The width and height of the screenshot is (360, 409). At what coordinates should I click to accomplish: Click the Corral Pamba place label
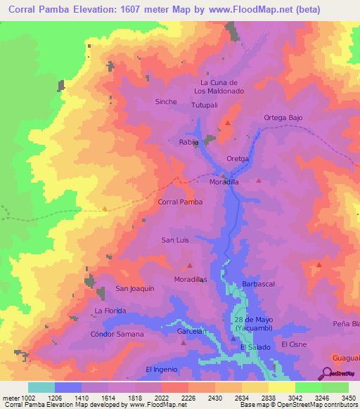tap(181, 202)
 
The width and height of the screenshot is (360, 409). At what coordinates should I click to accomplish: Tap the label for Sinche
tap(166, 102)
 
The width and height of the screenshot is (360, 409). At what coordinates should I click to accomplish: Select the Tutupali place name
tap(206, 105)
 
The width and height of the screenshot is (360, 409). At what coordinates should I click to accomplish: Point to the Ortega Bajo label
tap(283, 117)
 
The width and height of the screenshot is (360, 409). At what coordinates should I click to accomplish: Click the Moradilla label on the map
tap(225, 181)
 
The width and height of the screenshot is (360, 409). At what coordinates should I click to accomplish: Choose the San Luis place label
tap(176, 240)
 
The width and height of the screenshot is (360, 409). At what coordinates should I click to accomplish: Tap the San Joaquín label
tap(135, 289)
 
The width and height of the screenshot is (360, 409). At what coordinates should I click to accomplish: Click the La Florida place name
tap(110, 311)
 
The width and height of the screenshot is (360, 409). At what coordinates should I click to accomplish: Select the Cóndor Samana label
tap(117, 334)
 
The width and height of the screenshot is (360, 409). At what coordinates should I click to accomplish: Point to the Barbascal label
tap(257, 283)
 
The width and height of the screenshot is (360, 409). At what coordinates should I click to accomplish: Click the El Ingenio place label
tap(162, 370)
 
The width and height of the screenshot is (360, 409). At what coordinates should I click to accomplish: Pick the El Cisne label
tap(294, 345)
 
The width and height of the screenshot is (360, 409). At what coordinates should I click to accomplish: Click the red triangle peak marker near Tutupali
tap(227, 124)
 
